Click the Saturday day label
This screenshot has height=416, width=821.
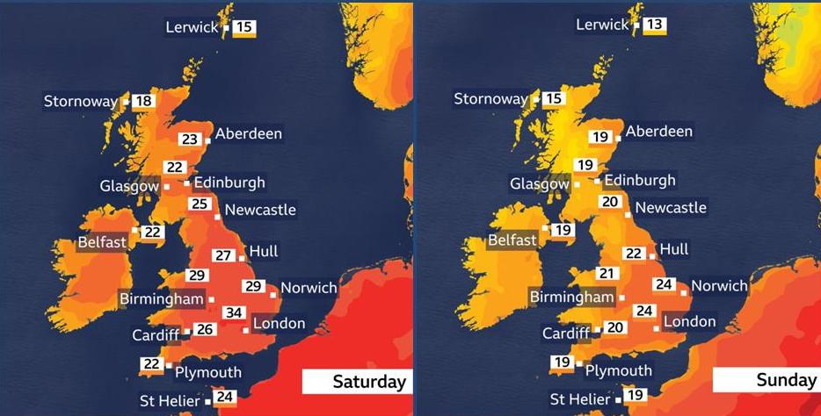click(x=368, y=382)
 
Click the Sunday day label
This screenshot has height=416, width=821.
click(x=785, y=380)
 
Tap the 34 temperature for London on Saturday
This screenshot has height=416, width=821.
click(x=234, y=313)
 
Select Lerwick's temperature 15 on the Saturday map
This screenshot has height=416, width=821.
click(x=245, y=27)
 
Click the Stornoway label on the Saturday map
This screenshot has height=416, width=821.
click(x=81, y=102)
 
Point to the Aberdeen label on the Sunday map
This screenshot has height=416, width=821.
click(x=659, y=132)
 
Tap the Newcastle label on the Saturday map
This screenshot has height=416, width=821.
click(x=260, y=210)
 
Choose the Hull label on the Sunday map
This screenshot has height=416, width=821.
click(x=674, y=249)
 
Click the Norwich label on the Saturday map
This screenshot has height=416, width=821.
click(x=309, y=288)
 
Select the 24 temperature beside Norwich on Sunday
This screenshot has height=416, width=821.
click(x=665, y=284)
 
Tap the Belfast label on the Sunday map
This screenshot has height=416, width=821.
click(x=512, y=240)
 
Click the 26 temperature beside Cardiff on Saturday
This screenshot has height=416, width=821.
click(x=205, y=330)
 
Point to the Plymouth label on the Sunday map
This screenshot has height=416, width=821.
click(x=619, y=370)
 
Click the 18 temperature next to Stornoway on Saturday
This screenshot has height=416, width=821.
click(x=143, y=101)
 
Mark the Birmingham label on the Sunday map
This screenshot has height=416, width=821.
click(x=571, y=297)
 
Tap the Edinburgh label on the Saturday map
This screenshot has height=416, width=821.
click(x=229, y=183)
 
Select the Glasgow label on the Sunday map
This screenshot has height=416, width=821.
click(x=540, y=184)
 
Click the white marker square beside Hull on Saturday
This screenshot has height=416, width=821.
click(x=242, y=258)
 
